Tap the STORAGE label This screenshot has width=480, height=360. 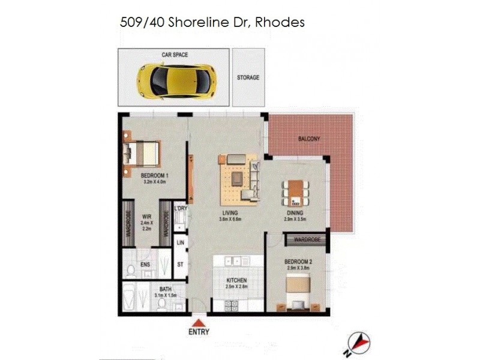[x=248, y=78]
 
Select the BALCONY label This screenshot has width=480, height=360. [x=309, y=139]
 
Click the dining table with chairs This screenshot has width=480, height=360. [x=294, y=193]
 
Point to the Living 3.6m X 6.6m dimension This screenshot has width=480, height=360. [x=229, y=220]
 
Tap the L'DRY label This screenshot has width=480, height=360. [x=181, y=208]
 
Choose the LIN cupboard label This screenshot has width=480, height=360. [x=179, y=242]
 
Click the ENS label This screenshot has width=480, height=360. [x=145, y=265]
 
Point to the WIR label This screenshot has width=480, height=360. [x=146, y=217]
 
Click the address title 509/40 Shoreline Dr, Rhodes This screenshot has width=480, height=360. [x=212, y=23]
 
